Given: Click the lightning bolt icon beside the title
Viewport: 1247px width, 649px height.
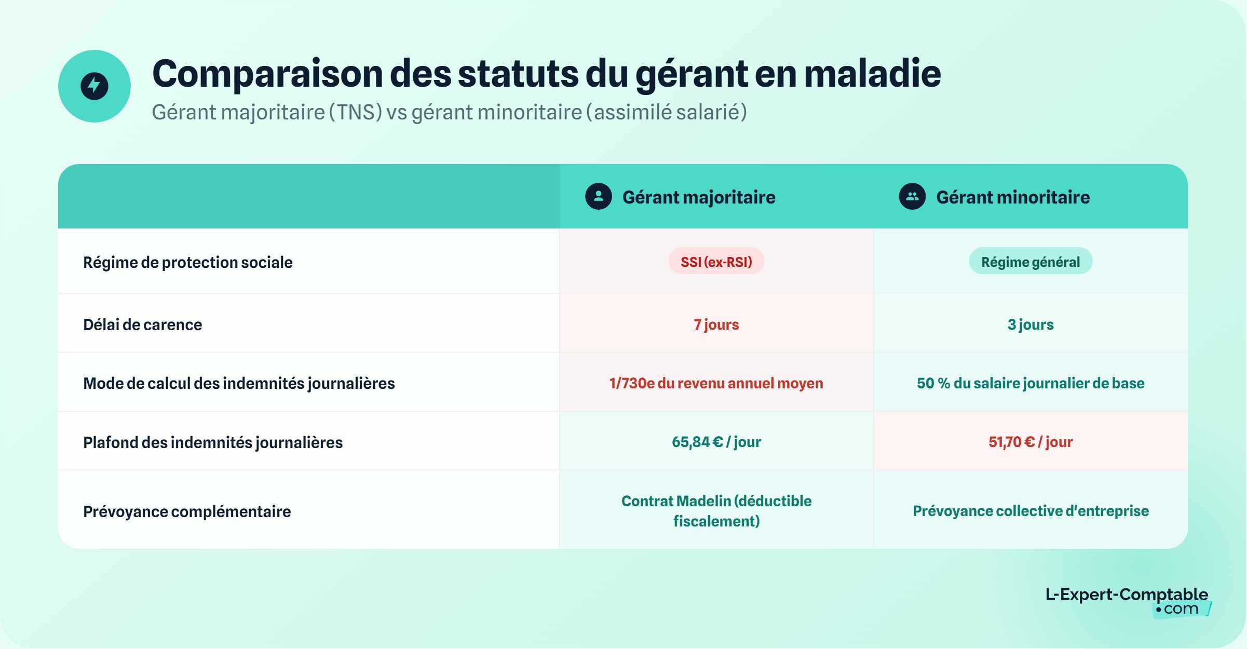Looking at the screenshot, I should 94,86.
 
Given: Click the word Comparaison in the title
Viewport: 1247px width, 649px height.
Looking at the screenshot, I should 267,74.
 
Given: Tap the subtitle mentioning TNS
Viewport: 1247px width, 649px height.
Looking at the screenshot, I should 449,112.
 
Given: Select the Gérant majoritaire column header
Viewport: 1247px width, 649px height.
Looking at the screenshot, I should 698,197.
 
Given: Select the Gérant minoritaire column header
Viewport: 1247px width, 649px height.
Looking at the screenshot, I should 1012,197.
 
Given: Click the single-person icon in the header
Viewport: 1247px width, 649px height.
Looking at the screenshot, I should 599,196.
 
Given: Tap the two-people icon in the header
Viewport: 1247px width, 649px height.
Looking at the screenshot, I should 912,196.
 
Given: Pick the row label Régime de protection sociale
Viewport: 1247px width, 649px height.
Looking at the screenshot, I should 188,262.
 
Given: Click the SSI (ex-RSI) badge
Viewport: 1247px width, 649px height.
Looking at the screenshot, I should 716,262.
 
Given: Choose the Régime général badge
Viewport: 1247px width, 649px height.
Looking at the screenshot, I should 1031,262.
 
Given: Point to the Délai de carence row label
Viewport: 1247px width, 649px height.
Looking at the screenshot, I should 143,324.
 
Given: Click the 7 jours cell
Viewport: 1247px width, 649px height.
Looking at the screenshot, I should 716,324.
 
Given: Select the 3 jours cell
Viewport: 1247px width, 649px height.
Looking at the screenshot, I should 1031,324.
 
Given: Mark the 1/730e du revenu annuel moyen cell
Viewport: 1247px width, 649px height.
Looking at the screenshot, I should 716,383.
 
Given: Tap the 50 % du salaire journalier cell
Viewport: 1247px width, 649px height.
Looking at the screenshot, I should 1031,383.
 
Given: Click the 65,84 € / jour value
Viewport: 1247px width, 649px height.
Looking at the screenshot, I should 716,442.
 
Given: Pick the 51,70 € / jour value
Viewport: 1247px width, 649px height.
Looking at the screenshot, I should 1031,442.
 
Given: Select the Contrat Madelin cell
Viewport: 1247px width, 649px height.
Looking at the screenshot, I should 716,511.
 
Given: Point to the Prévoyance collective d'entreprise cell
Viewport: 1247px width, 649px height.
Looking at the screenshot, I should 1031,511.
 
